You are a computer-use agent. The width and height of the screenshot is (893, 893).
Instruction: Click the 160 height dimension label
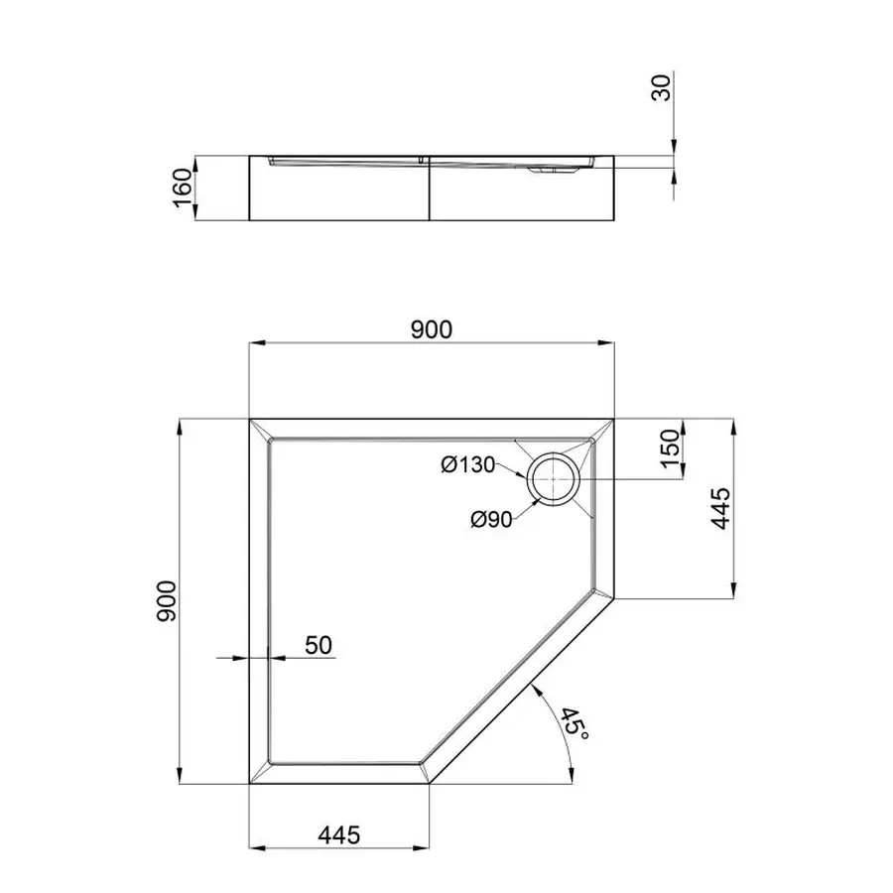181,188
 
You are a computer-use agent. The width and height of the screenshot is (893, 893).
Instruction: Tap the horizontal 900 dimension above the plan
432,329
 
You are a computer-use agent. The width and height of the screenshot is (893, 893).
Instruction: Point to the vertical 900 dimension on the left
166,601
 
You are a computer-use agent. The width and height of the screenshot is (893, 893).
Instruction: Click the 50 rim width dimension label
318,645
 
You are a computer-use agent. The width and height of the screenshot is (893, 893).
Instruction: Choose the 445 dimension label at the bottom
339,834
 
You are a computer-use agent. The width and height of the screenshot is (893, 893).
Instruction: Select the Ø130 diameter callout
469,463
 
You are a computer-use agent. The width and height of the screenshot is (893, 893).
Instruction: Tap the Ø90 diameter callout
491,518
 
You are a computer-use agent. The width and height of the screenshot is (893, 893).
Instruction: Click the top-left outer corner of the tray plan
248,418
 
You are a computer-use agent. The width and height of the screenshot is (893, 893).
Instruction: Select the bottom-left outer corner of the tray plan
248,784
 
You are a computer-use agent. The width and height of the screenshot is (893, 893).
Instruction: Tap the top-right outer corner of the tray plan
614,418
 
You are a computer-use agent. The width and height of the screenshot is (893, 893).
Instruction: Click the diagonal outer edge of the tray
521,691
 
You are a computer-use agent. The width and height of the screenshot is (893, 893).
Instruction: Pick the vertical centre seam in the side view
430,189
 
